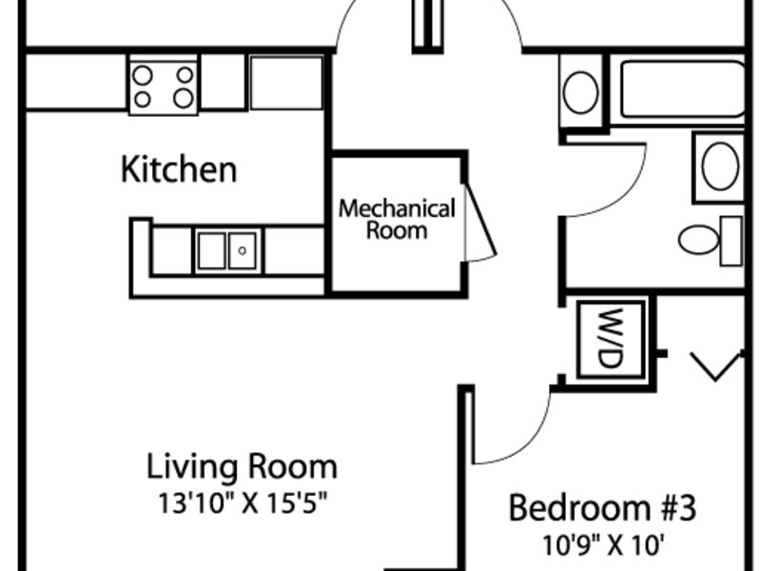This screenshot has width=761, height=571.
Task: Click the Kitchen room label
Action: pyautogui.click(x=179, y=169)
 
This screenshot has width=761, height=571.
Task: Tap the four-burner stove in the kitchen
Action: pyautogui.click(x=164, y=86)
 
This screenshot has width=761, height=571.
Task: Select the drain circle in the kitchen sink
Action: pyautogui.click(x=243, y=250)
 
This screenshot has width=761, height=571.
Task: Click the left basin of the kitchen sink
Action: pyautogui.click(x=212, y=250)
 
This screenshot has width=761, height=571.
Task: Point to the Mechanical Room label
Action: pyautogui.click(x=397, y=220)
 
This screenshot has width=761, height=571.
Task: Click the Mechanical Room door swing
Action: pyautogui.click(x=480, y=224)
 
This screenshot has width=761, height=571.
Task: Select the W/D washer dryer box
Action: pyautogui.click(x=612, y=339)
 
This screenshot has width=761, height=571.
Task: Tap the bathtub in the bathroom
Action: pyautogui.click(x=683, y=89)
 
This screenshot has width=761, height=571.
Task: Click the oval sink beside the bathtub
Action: pyautogui.click(x=580, y=91)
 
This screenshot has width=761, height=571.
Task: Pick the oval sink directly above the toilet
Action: pyautogui.click(x=721, y=166)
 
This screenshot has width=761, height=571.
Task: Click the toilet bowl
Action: pyautogui.click(x=698, y=240)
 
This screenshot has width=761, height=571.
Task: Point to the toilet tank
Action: pyautogui.click(x=731, y=241)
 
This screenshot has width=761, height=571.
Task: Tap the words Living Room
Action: pyautogui.click(x=242, y=466)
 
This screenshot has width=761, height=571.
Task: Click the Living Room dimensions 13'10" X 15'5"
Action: pyautogui.click(x=243, y=503)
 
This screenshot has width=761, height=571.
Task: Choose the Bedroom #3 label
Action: pyautogui.click(x=602, y=508)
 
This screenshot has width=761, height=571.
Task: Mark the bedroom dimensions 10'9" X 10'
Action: pyautogui.click(x=602, y=544)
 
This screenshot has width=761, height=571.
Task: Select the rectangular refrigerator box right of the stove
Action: pyautogui.click(x=286, y=83)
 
